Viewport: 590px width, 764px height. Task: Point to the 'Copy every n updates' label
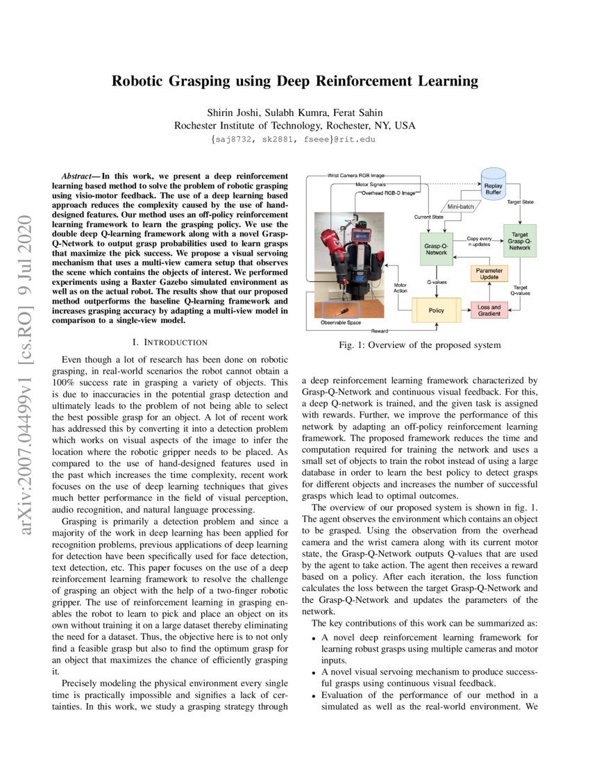pyautogui.click(x=480, y=241)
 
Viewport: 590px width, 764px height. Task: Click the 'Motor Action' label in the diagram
pyautogui.click(x=401, y=288)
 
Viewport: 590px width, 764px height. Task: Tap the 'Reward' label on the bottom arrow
pyautogui.click(x=380, y=331)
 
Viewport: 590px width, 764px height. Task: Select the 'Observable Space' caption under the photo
pyautogui.click(x=340, y=323)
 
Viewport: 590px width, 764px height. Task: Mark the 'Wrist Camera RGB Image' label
pyautogui.click(x=356, y=176)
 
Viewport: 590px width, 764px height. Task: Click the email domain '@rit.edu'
pyautogui.click(x=357, y=140)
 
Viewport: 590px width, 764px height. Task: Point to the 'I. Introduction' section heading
pyautogui.click(x=169, y=342)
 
